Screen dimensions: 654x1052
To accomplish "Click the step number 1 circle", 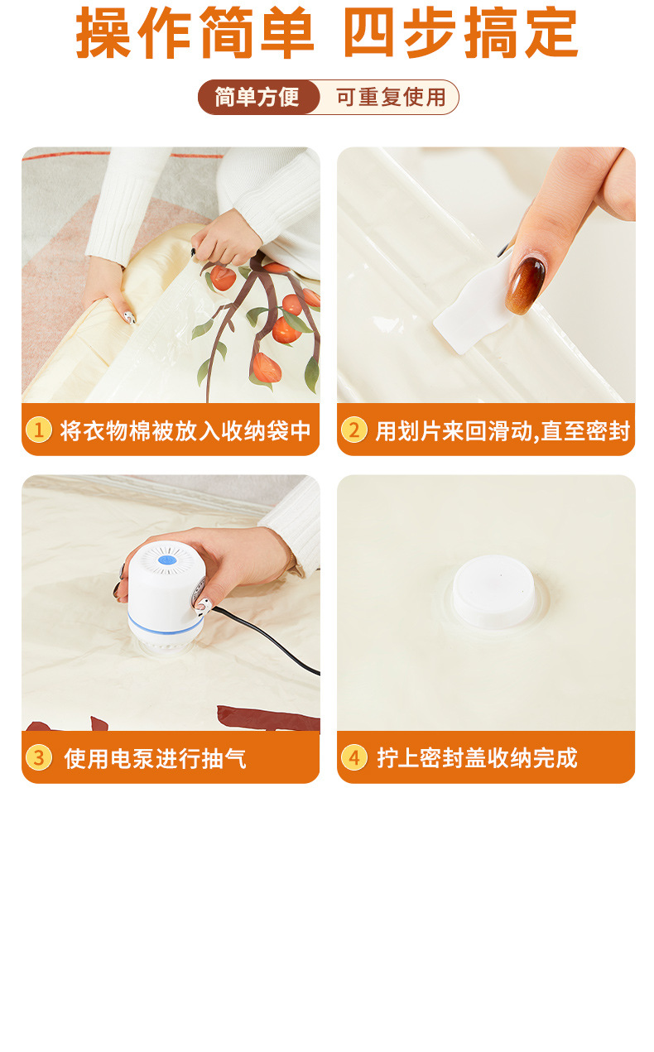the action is point(39,430).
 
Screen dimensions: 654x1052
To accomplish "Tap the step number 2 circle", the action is point(354,430).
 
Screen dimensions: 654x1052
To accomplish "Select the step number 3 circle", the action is point(39,757).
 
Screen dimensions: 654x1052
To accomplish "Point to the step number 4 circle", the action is point(354,757).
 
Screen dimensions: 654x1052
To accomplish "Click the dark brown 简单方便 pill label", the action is point(258,97).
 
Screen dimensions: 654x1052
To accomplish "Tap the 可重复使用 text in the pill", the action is point(391,97).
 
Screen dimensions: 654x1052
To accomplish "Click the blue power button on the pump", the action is point(165,560).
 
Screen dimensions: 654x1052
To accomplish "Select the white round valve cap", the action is point(493,592).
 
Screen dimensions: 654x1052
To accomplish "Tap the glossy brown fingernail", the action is point(525,285).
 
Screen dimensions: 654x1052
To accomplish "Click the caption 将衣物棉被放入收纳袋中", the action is point(185,430).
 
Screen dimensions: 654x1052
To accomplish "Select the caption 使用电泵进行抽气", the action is point(155,758).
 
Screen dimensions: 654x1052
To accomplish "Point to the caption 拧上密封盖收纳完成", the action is point(477,758).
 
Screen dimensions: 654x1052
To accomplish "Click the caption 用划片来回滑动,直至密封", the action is point(503,430).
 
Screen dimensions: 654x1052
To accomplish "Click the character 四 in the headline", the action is point(369,33).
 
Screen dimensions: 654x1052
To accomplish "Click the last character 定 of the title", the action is point(551,33).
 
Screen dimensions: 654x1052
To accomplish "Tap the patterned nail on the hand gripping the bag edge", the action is point(129,317).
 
